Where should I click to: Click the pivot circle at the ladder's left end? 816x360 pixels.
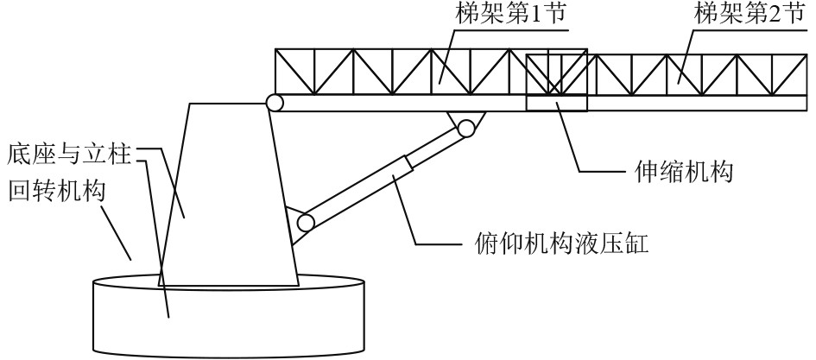(275, 103)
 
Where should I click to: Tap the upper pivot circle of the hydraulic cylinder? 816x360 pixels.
(466, 129)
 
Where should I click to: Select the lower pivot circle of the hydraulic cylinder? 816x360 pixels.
(305, 223)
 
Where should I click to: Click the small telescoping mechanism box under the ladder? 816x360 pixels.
(556, 104)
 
